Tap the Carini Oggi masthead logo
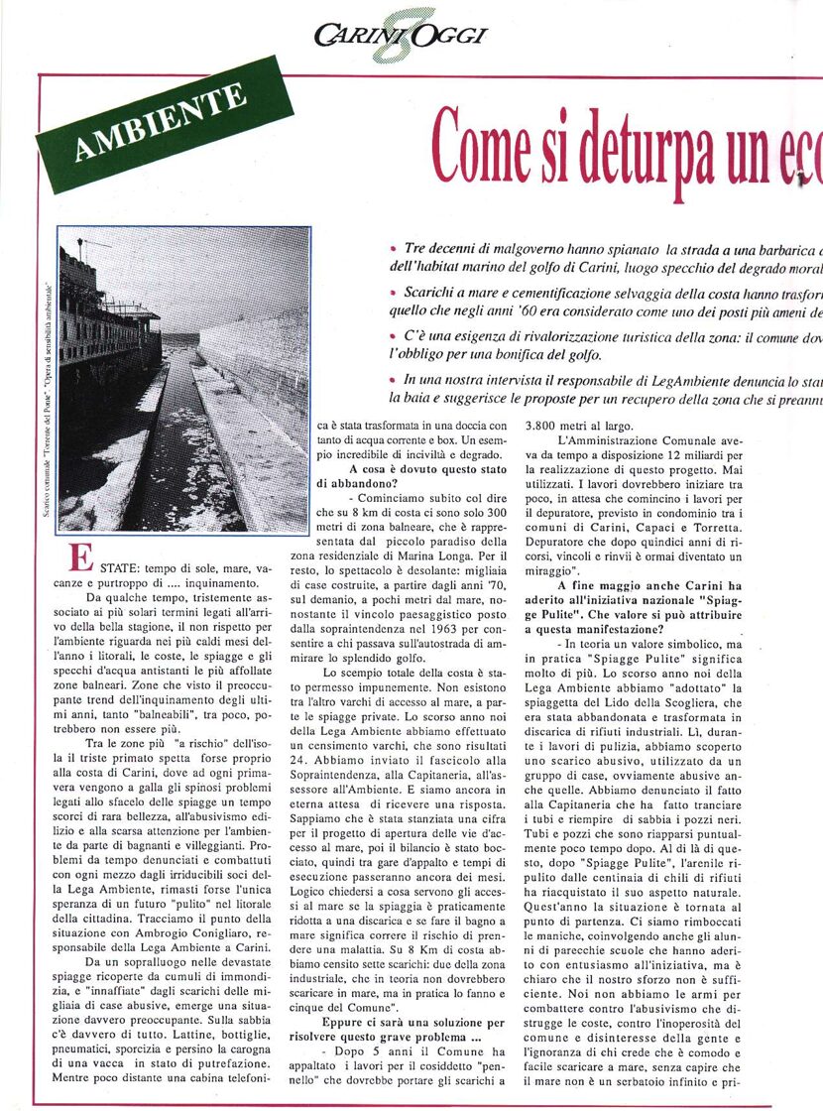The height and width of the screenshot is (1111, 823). tap(401, 36)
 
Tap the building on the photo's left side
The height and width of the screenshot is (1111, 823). tap(104, 327)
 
